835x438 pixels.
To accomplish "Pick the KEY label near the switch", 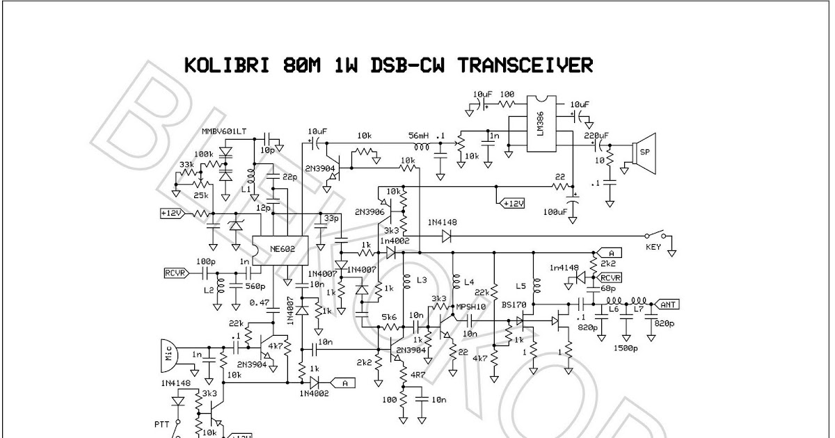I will coord(652,246).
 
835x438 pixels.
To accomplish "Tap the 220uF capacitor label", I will coord(596,136).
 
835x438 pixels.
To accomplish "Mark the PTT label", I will coord(162,421).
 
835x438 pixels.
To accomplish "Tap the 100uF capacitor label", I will coord(554,211).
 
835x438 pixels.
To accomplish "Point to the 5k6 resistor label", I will coord(389,317).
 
